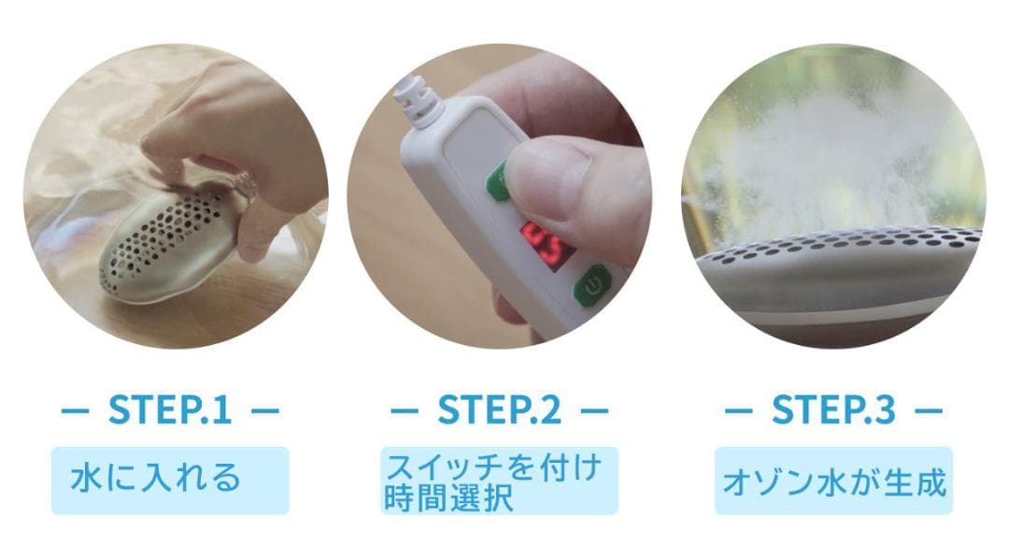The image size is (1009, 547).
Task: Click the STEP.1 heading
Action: (x=169, y=409)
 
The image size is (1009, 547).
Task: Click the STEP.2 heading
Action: (x=500, y=409)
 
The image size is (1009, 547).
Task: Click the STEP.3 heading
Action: (x=833, y=409)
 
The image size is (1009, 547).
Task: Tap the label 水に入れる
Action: (x=156, y=479)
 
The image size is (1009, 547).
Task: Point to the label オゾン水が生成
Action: (x=834, y=482)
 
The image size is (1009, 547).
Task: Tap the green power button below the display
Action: (x=591, y=286)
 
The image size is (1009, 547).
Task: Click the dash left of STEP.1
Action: (x=73, y=410)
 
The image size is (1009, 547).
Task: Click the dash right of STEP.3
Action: (x=928, y=410)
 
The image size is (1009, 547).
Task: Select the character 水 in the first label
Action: (x=83, y=479)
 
